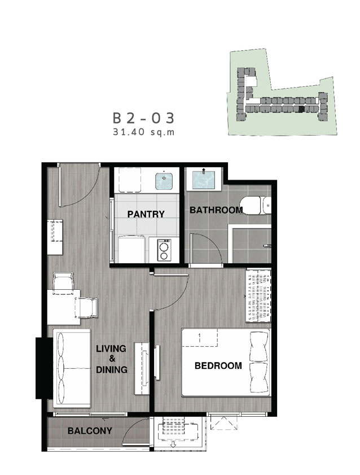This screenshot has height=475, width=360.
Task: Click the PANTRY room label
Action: click(146, 214)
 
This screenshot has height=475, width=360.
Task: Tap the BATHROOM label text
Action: click(216, 210)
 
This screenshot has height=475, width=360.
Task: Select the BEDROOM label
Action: click(218, 365)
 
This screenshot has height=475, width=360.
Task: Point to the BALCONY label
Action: click(90, 431)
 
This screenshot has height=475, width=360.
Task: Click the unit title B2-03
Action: click(144, 118)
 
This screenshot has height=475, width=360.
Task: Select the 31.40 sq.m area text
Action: click(144, 132)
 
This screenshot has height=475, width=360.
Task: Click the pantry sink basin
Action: click(164, 181)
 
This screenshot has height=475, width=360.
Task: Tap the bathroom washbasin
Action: click(204, 179)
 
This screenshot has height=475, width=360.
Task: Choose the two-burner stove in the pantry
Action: click(164, 249)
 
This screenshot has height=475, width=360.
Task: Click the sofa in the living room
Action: click(72, 368)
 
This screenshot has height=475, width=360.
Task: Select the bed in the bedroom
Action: click(226, 362)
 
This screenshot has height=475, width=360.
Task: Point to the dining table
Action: click(64, 307)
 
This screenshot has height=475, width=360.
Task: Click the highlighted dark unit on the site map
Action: click(301, 110)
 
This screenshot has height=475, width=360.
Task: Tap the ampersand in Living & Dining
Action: click(112, 359)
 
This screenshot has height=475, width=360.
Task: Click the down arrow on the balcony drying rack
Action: click(173, 445)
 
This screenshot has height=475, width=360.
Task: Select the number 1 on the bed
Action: click(199, 338)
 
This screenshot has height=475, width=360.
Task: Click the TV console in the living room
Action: click(142, 368)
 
